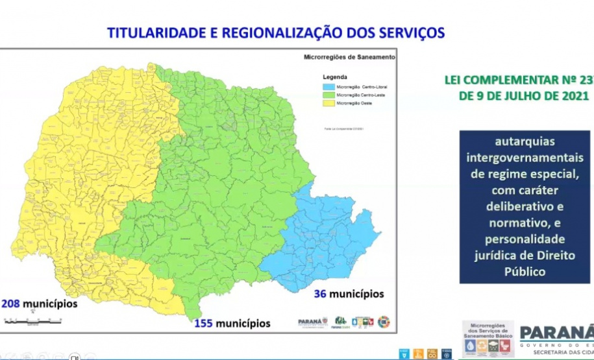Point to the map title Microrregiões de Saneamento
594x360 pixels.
(x=349, y=57)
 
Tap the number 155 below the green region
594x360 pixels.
(x=202, y=322)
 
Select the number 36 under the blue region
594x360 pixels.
(x=319, y=294)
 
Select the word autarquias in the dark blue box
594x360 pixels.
(x=524, y=141)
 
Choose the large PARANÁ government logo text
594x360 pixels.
(x=557, y=332)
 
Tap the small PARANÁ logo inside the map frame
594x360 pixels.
(x=312, y=321)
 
